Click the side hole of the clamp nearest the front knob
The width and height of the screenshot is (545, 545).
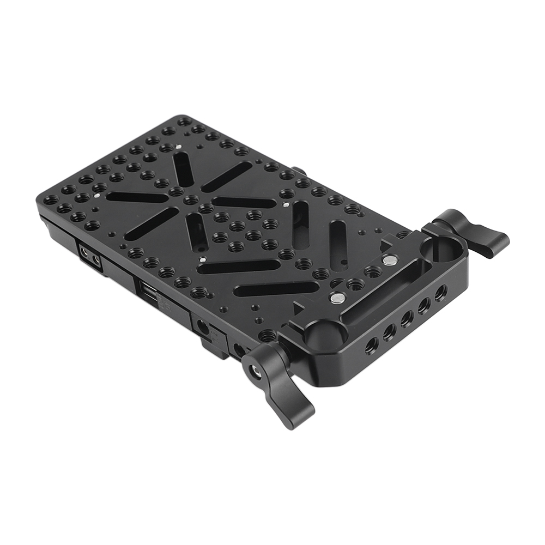pyautogui.click(x=373, y=343)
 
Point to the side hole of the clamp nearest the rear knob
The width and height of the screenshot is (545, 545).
pyautogui.click(x=440, y=293)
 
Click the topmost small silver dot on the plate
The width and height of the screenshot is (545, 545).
pyautogui.click(x=178, y=146)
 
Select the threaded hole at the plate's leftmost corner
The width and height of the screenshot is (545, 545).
pyautogui.click(x=50, y=200)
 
